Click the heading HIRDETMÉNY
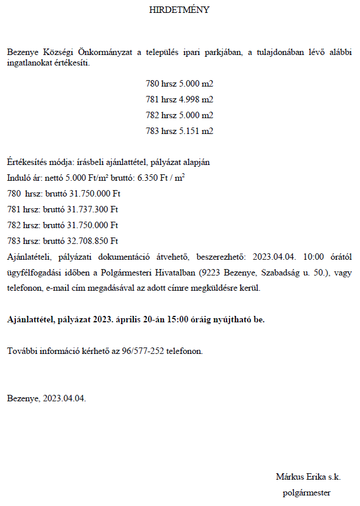[x=179, y=10]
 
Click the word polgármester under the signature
[x=306, y=493]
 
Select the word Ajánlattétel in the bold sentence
[x=29, y=320]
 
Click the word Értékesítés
[x=26, y=161]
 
